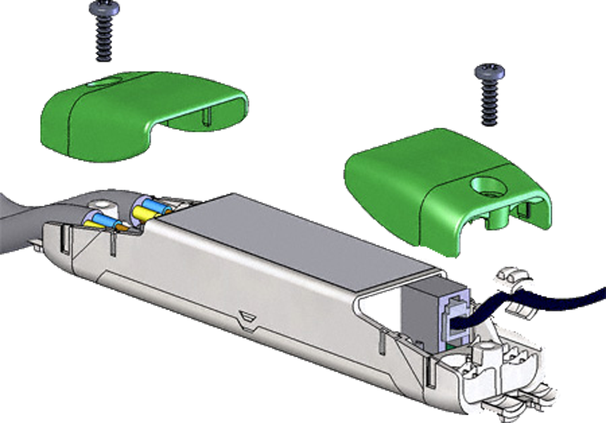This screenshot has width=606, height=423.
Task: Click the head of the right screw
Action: click(x=489, y=72)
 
